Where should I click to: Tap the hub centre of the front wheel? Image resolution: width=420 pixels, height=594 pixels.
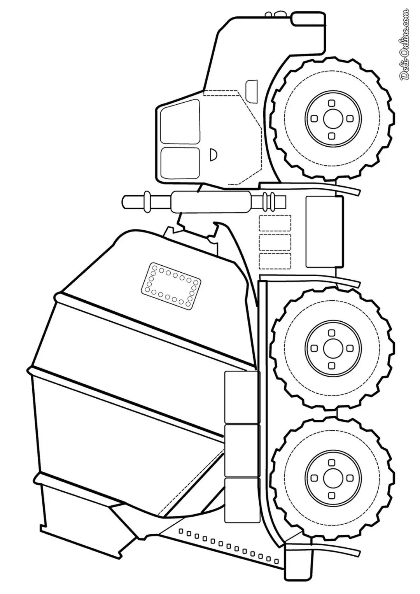point(331,119)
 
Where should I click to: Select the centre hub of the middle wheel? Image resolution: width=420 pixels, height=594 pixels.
point(331,348)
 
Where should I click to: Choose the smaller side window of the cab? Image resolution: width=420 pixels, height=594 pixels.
point(180,163)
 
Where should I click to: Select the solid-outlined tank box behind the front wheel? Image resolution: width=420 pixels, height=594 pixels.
point(324,231)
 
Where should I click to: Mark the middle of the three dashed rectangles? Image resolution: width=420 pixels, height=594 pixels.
point(275,242)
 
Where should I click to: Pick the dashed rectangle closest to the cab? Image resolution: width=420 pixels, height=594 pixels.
point(275,223)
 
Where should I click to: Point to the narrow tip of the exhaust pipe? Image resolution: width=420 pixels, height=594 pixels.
point(134,202)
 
